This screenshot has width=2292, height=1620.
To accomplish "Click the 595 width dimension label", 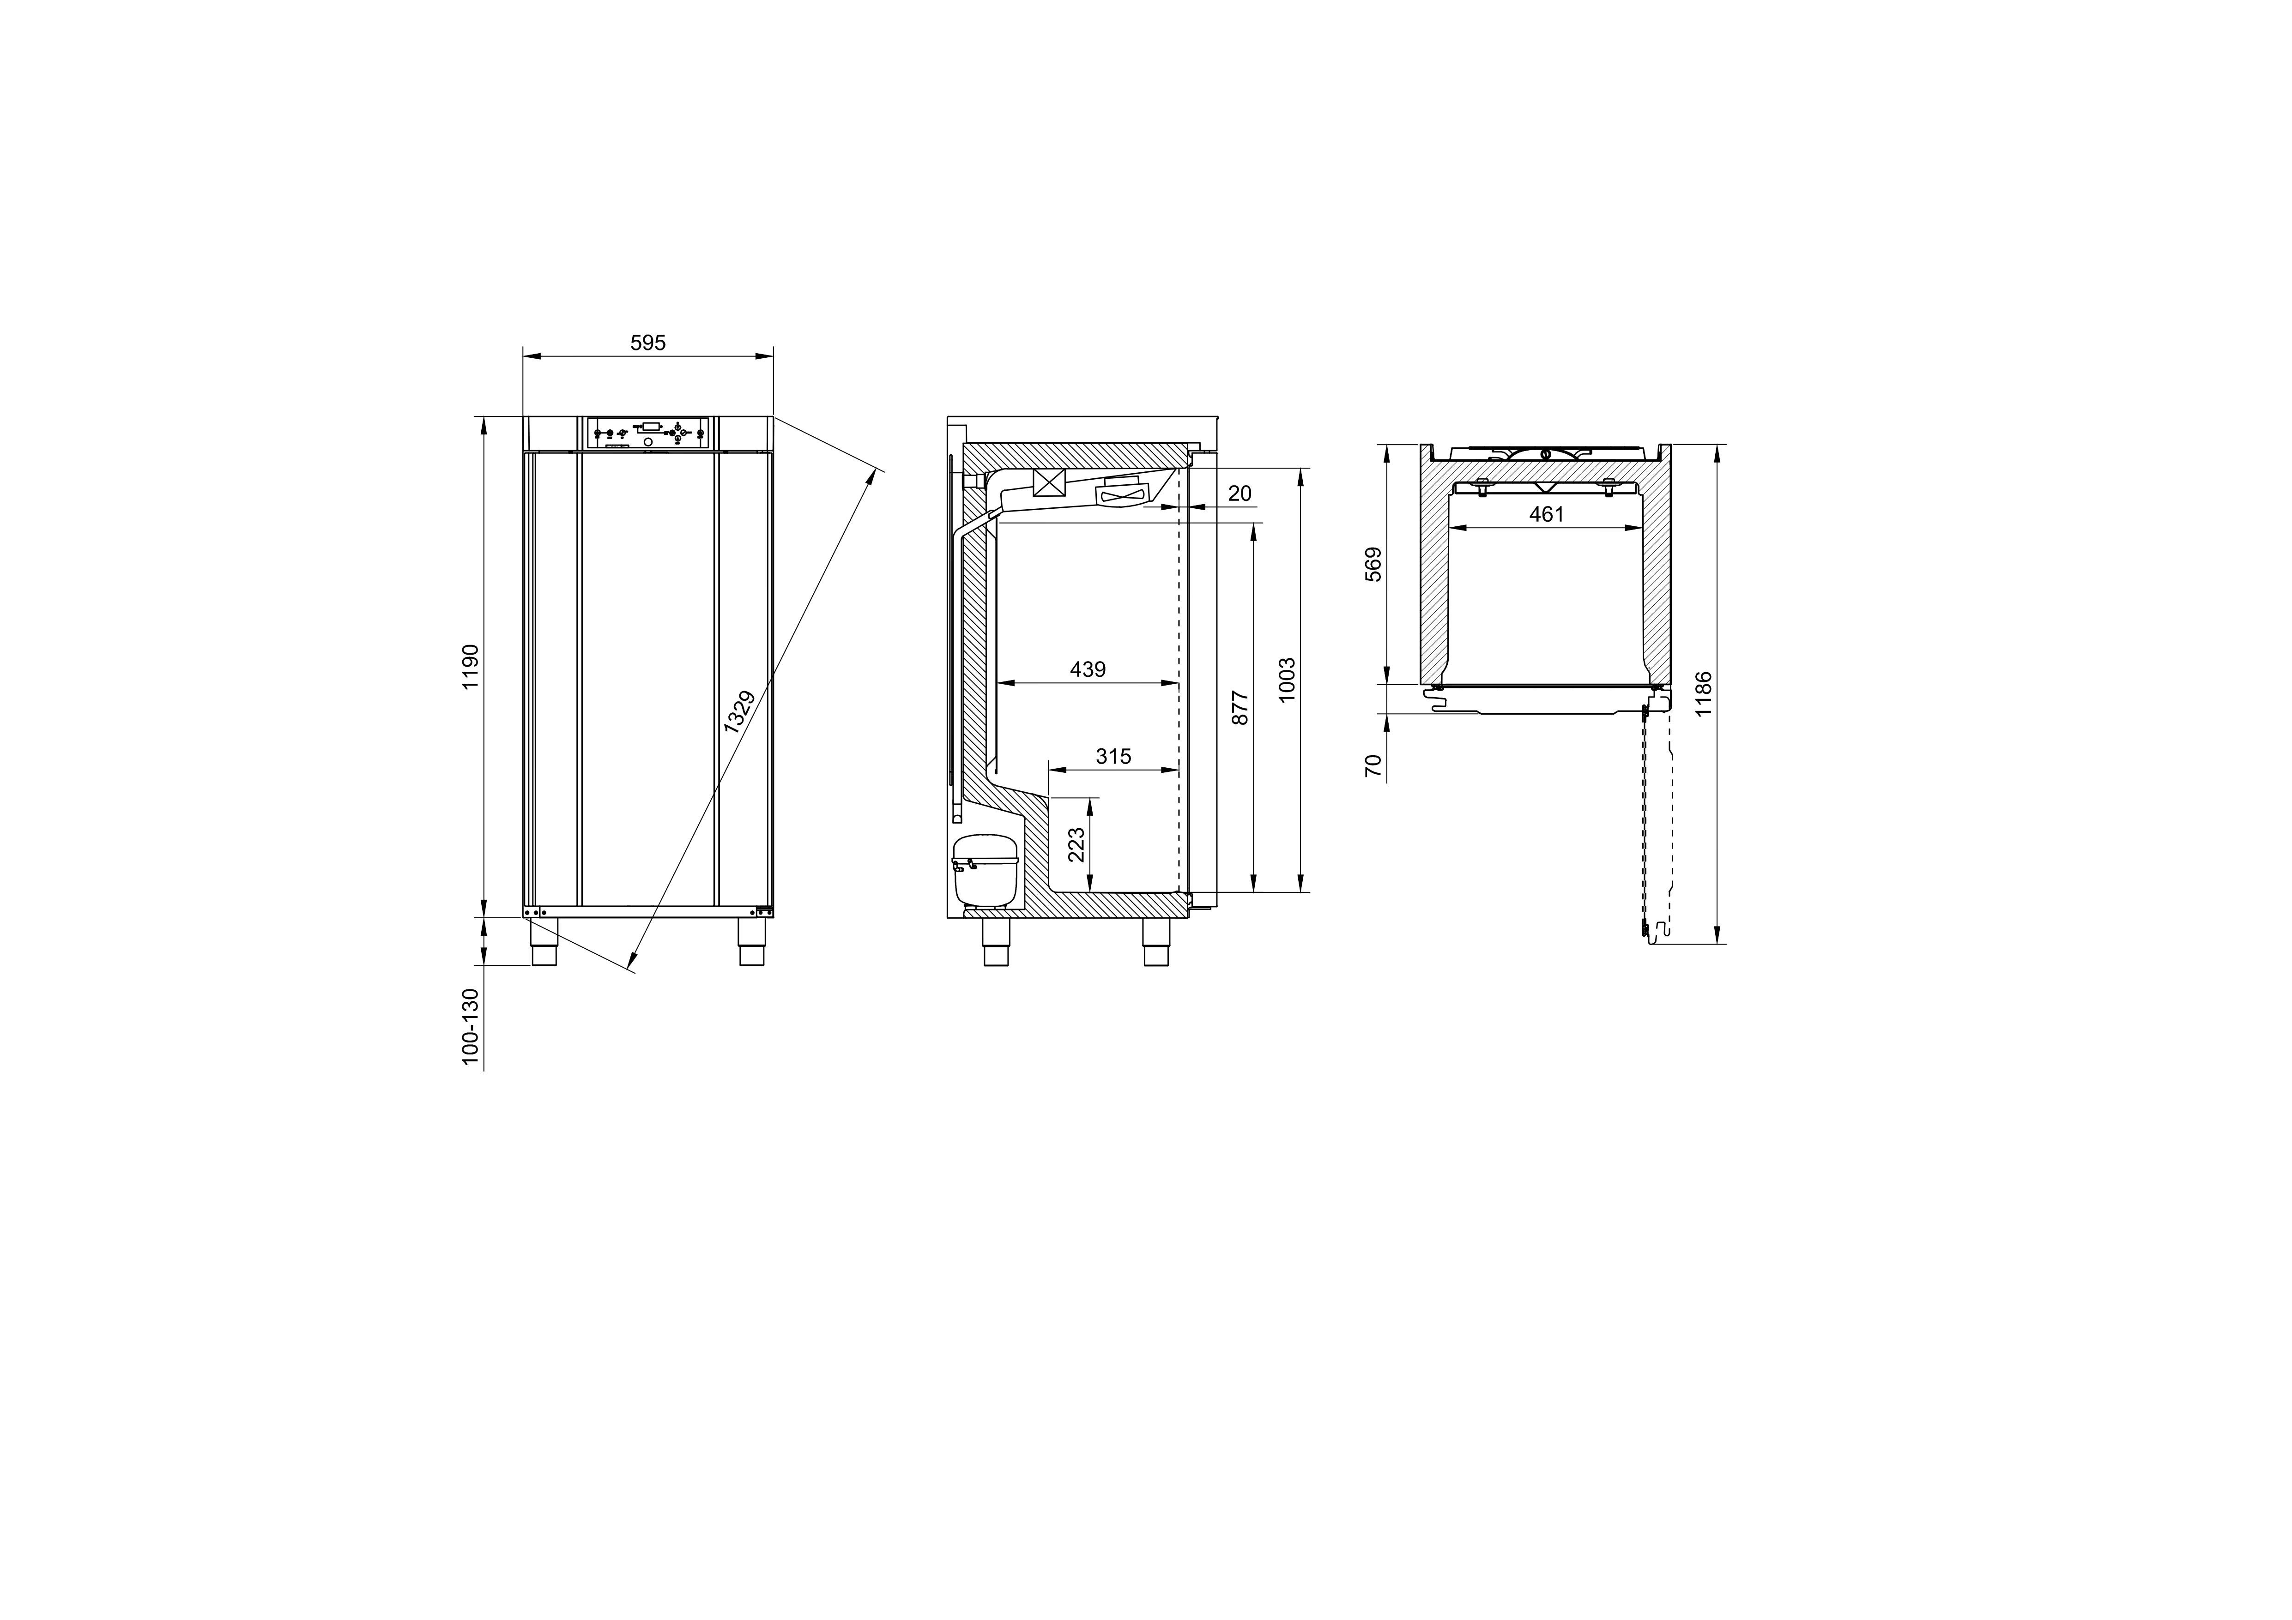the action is (x=648, y=343).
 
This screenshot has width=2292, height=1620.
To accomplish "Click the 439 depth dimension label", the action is (x=1088, y=669).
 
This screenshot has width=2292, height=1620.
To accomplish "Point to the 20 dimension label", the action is (x=1240, y=493).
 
